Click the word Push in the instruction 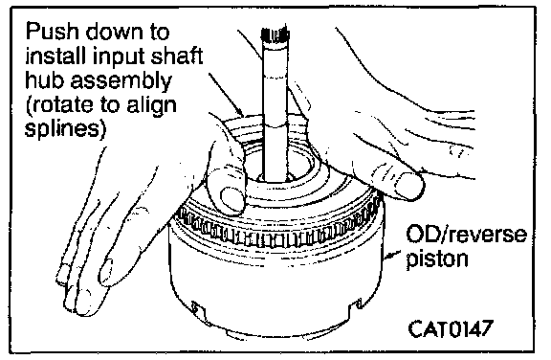53,32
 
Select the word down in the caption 115,32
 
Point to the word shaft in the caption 177,56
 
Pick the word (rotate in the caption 59,105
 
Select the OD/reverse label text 466,235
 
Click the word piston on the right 437,259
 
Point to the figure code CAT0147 451,328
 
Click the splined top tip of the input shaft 275,34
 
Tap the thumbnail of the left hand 231,198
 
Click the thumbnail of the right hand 409,185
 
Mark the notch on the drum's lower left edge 196,307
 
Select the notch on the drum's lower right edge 358,304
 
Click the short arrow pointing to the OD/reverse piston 392,256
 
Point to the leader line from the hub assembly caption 226,95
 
